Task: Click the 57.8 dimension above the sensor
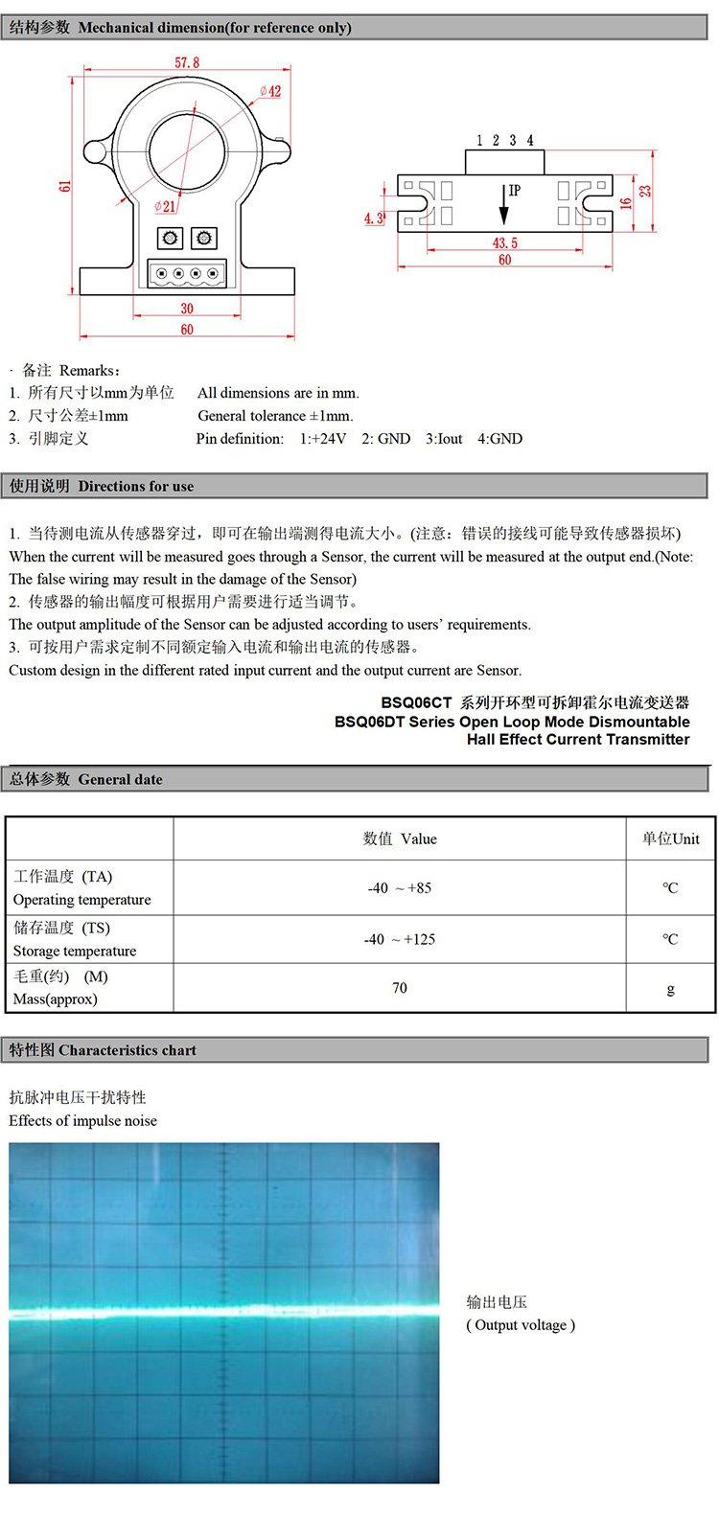pyautogui.click(x=187, y=62)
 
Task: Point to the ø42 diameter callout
pyautogui.click(x=270, y=91)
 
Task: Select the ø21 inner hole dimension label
pyautogui.click(x=165, y=206)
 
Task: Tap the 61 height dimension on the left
pyautogui.click(x=65, y=185)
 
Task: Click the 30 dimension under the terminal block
pyautogui.click(x=187, y=309)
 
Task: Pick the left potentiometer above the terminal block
pyautogui.click(x=170, y=238)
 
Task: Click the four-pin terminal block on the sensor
pyautogui.click(x=187, y=273)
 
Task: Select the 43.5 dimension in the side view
pyautogui.click(x=505, y=243)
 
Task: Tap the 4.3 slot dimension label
pyautogui.click(x=374, y=218)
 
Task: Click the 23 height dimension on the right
pyautogui.click(x=646, y=191)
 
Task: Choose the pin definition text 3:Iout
pyautogui.click(x=444, y=439)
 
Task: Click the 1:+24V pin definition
pyautogui.click(x=323, y=439)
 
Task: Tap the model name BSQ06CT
pyautogui.click(x=416, y=703)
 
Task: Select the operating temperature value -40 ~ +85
pyautogui.click(x=400, y=888)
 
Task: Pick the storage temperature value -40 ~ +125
pyautogui.click(x=400, y=940)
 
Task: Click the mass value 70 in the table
pyautogui.click(x=400, y=988)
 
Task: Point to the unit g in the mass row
pyautogui.click(x=670, y=989)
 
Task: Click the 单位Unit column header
pyautogui.click(x=670, y=838)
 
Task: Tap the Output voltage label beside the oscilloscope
pyautogui.click(x=521, y=1325)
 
